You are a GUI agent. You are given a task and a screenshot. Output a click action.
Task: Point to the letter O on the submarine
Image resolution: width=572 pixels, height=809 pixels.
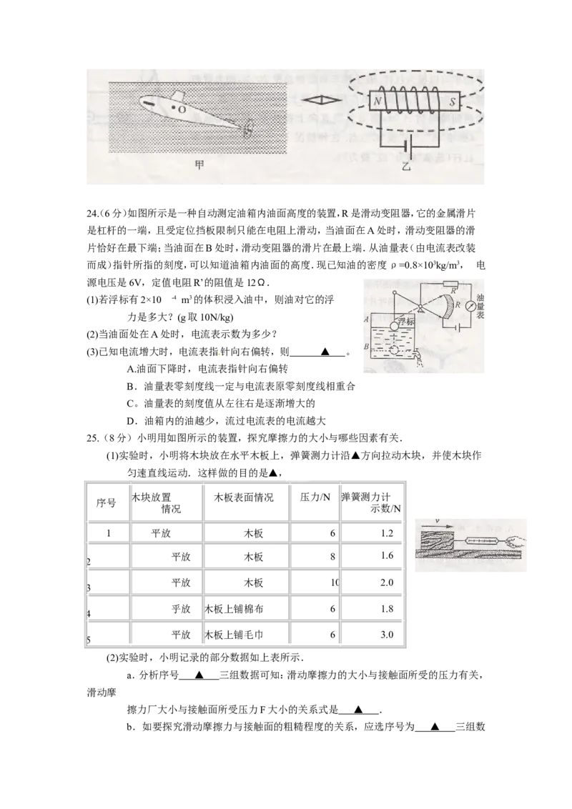182,109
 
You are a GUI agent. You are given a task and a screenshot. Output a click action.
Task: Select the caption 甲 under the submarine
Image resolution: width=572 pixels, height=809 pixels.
199,164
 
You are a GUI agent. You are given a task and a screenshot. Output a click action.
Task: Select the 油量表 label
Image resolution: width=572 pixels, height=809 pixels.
480,305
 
